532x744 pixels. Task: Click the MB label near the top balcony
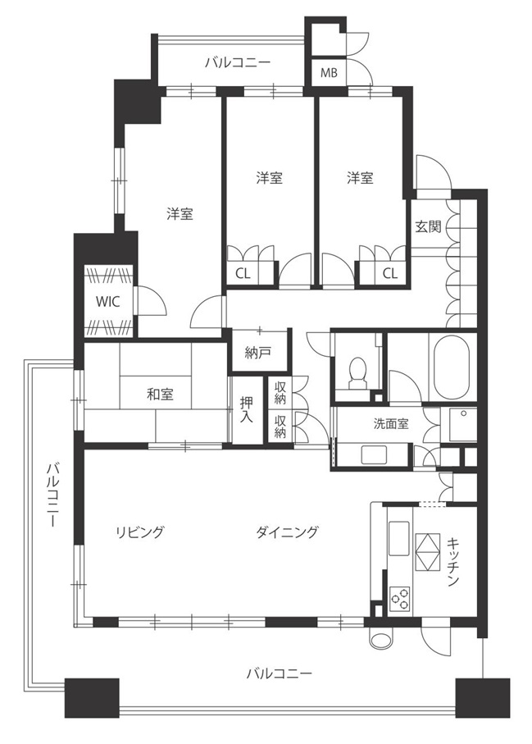click(x=329, y=73)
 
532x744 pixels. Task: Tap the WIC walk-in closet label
click(x=108, y=301)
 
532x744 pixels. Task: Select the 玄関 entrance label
click(x=428, y=226)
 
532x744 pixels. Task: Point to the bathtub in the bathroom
click(x=451, y=366)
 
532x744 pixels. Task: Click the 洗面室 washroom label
click(x=391, y=424)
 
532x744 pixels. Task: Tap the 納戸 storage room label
click(x=258, y=353)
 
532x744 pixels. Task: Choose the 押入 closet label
click(x=246, y=410)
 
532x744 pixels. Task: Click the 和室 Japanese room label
click(x=160, y=394)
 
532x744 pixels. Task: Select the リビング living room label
click(x=140, y=532)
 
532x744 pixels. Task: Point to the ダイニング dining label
click(x=288, y=532)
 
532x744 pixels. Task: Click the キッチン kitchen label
click(x=453, y=562)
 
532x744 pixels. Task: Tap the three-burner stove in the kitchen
click(x=400, y=598)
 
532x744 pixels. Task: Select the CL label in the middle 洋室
click(x=243, y=273)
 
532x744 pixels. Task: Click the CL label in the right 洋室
click(x=389, y=273)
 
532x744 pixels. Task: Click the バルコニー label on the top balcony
click(x=238, y=63)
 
